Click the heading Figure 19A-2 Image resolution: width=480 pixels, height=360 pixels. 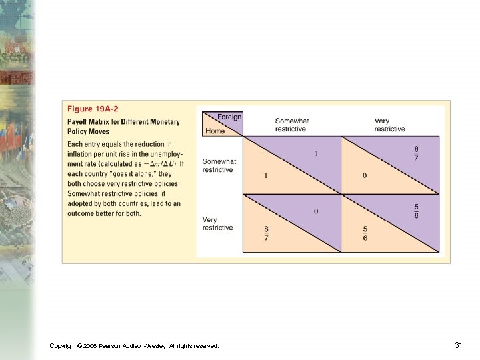click(x=93, y=108)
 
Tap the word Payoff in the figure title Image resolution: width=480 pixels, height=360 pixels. click(x=79, y=121)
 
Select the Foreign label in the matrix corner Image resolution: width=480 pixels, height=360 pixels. click(x=229, y=117)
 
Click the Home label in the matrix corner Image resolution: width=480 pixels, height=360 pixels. click(x=215, y=131)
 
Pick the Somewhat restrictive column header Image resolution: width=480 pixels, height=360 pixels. click(x=291, y=125)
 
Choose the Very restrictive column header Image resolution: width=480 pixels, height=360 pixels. click(x=389, y=125)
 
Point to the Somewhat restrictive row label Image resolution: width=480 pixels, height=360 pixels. click(x=219, y=165)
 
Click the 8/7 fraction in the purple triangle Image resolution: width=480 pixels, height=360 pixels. click(x=417, y=153)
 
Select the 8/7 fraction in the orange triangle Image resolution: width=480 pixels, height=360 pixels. click(x=267, y=233)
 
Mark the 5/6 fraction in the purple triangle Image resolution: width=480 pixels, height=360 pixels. click(x=417, y=211)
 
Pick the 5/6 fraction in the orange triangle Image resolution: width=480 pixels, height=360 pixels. click(x=365, y=233)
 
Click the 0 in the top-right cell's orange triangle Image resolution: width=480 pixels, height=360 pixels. click(x=364, y=175)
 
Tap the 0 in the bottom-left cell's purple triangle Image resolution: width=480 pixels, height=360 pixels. click(x=316, y=211)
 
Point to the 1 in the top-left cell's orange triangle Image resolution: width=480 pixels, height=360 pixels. click(x=265, y=175)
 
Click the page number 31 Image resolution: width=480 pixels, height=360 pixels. click(x=458, y=345)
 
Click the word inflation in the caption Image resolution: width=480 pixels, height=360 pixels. click(x=79, y=153)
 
